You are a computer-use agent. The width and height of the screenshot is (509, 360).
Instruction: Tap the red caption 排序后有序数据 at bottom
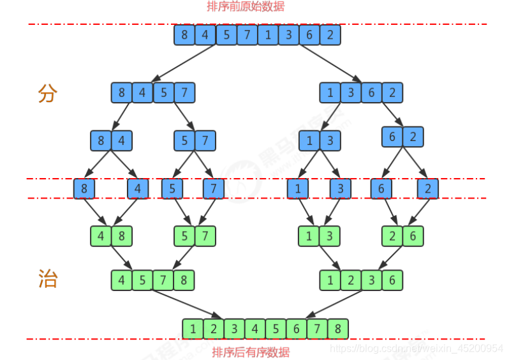[251, 352]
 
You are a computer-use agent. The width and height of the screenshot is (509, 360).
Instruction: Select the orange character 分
[48, 94]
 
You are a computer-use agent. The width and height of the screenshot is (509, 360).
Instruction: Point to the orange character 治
[48, 279]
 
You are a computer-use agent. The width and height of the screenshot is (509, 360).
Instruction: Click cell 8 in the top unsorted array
[184, 34]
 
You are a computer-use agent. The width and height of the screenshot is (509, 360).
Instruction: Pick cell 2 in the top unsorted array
[330, 34]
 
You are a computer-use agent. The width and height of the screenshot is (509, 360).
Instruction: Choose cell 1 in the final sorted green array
[193, 328]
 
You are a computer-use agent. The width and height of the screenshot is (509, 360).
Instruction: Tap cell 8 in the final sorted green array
[338, 328]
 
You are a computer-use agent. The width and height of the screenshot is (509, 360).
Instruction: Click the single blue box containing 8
[84, 188]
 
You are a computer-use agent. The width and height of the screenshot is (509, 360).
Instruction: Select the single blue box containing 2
[427, 188]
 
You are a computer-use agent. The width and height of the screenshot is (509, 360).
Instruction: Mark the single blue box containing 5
[172, 188]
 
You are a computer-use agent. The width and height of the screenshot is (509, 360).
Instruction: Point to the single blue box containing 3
[340, 188]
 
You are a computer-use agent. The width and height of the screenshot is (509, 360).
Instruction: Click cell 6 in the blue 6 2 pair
[392, 137]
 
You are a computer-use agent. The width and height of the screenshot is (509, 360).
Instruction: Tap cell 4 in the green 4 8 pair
[101, 236]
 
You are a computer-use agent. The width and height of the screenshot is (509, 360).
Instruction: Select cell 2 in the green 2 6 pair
[392, 236]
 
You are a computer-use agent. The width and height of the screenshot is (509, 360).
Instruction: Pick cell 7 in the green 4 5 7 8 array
[163, 280]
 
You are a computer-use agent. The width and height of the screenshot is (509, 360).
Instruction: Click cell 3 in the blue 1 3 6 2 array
[351, 93]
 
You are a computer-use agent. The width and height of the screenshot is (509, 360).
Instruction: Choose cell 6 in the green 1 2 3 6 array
[392, 280]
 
